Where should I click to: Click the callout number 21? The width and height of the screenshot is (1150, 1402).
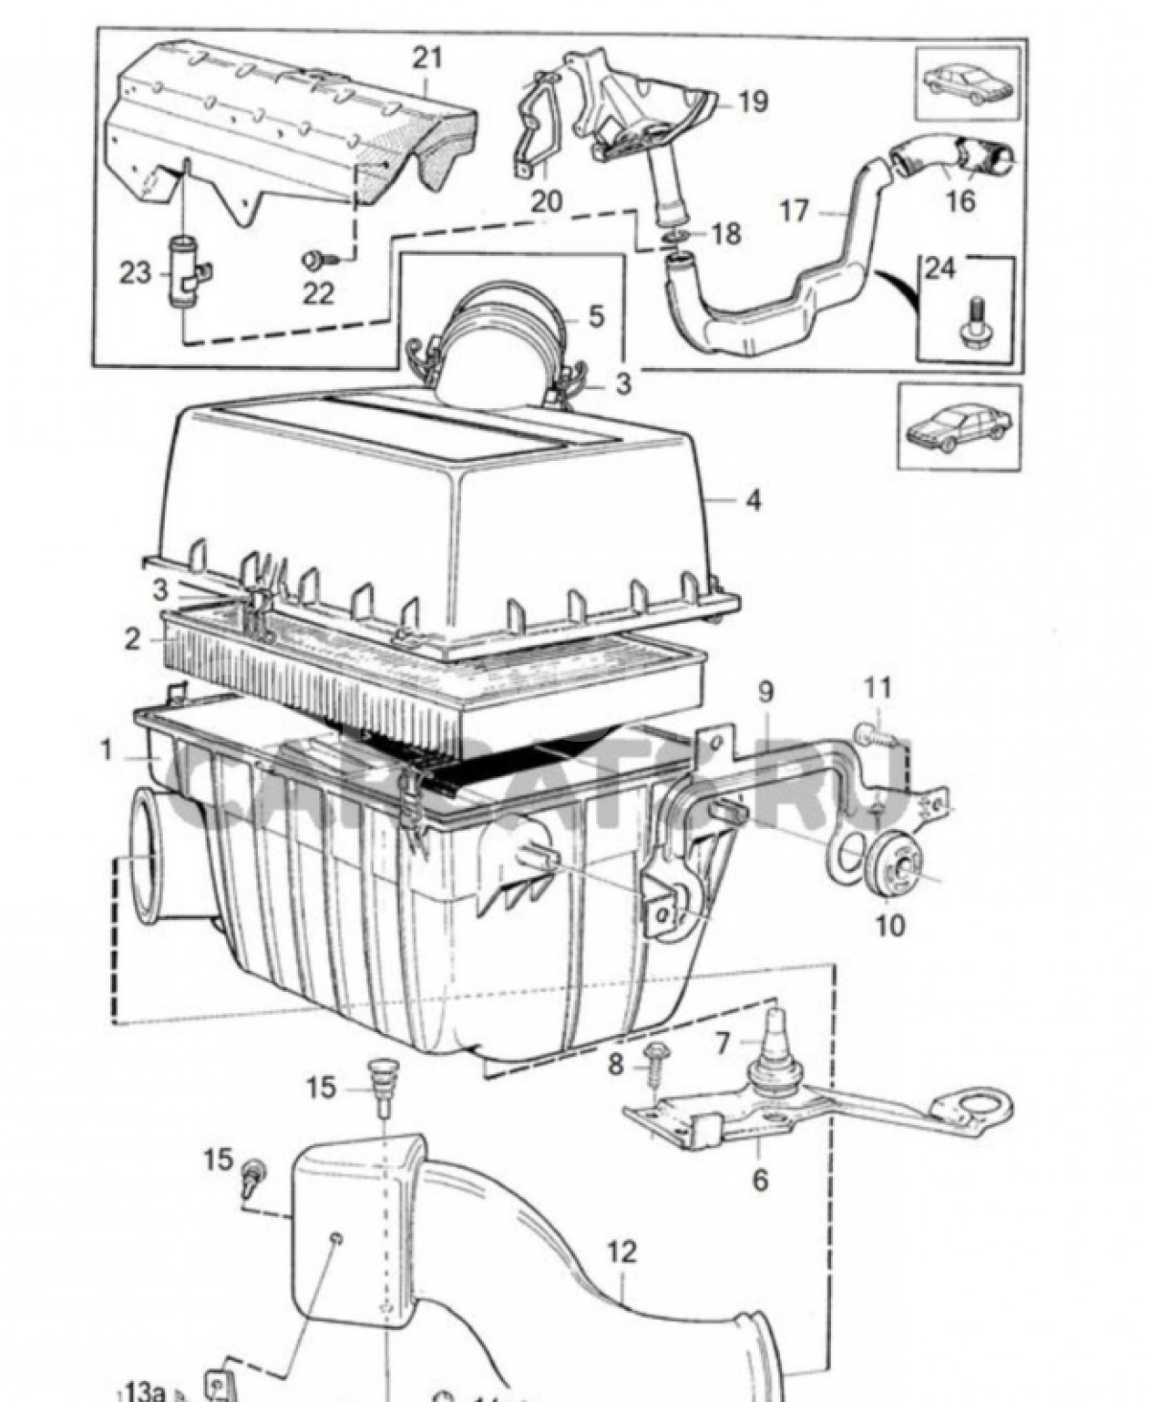(427, 58)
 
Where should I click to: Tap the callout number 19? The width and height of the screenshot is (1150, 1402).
(754, 101)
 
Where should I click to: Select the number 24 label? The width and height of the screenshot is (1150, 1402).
(940, 268)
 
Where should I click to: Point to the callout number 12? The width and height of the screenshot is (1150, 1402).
(622, 1253)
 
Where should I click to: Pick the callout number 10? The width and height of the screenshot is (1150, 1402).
(889, 926)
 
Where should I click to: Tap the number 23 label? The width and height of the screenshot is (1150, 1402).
(135, 274)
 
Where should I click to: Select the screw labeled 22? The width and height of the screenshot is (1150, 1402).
(314, 258)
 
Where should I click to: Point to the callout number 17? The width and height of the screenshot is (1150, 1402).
(794, 210)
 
